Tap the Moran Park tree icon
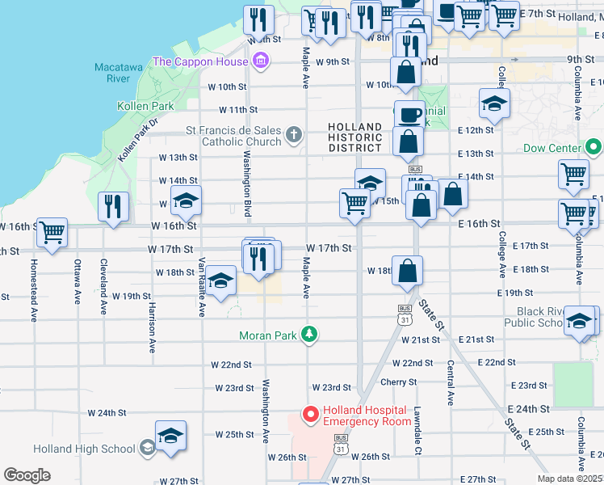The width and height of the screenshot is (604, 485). pos(308,334)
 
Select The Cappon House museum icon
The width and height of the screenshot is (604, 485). pos(260,61)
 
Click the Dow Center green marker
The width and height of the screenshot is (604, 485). pos(594,148)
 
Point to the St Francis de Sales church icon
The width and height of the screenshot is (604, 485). pos(295,135)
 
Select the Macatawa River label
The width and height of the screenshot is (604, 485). pos(112,72)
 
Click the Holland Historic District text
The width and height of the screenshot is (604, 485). pos(355,137)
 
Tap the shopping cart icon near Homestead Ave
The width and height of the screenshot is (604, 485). pos(52,232)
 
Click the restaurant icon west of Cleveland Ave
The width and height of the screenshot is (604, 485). pos(113,206)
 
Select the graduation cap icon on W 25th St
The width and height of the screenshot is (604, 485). pos(171,436)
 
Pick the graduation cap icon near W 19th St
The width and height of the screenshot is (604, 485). pos(220,280)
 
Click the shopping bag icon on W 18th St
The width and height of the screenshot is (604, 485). pos(408,272)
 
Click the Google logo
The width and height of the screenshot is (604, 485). pos(27,475)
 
